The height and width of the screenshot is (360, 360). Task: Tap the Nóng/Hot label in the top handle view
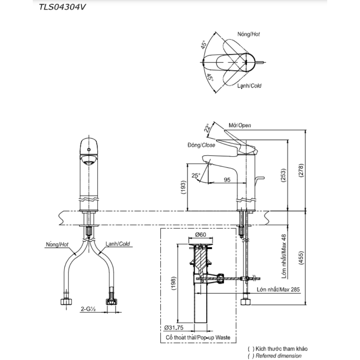pos(248,34)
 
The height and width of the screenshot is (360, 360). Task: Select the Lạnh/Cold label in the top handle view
pos(249,86)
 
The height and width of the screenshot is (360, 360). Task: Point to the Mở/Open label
pos(240,125)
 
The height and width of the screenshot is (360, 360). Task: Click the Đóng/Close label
pos(201,145)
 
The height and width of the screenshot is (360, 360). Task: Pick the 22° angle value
pos(207,129)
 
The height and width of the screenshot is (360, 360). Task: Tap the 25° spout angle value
pos(196,175)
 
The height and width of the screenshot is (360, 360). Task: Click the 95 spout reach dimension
pos(227,180)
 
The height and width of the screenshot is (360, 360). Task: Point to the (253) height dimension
pos(283,175)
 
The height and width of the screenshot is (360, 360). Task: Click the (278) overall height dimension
pos(301,170)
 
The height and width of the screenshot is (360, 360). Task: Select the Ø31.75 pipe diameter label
pos(174,328)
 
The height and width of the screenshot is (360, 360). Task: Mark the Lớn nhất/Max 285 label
pos(278,289)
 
